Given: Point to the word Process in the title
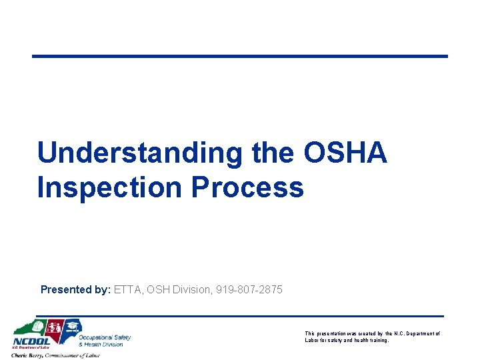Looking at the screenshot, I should click(x=247, y=187).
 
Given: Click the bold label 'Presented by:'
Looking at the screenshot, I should click(x=75, y=289).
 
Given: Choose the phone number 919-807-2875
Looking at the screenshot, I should click(x=249, y=289).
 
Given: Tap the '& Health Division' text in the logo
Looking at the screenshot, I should click(x=101, y=345).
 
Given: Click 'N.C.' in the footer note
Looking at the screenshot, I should click(x=400, y=333).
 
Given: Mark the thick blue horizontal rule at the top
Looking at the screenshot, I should click(x=240, y=56).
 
